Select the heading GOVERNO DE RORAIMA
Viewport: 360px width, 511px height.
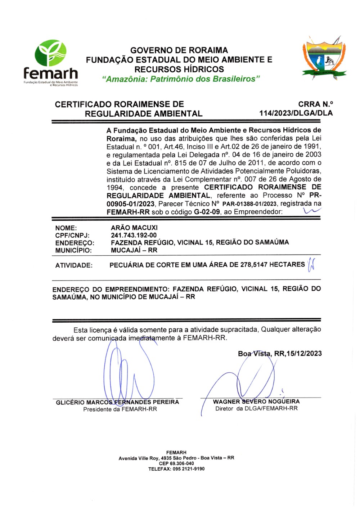pos(179,50)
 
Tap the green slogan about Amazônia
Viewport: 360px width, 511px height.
pos(181,79)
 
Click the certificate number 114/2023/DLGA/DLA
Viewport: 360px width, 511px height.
pos(296,113)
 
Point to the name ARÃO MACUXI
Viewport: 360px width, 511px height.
pos(134,228)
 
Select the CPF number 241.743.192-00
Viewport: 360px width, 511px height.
pos(134,235)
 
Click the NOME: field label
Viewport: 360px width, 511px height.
pos(66,228)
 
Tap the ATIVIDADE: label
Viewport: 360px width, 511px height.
pos(74,265)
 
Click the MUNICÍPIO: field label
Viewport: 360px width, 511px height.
pos(73,250)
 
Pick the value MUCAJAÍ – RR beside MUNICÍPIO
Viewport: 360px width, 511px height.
pos(134,250)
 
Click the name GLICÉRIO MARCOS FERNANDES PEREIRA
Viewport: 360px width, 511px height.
pos(117,402)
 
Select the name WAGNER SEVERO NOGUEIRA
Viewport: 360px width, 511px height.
pos(256,402)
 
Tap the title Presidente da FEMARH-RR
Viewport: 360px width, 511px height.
pos(120,409)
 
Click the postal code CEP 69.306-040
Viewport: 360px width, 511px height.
pos(176,463)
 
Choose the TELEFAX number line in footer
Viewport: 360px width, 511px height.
pos(176,469)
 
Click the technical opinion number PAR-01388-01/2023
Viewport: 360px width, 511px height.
pos(249,204)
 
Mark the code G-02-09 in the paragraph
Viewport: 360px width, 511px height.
pos(207,212)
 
